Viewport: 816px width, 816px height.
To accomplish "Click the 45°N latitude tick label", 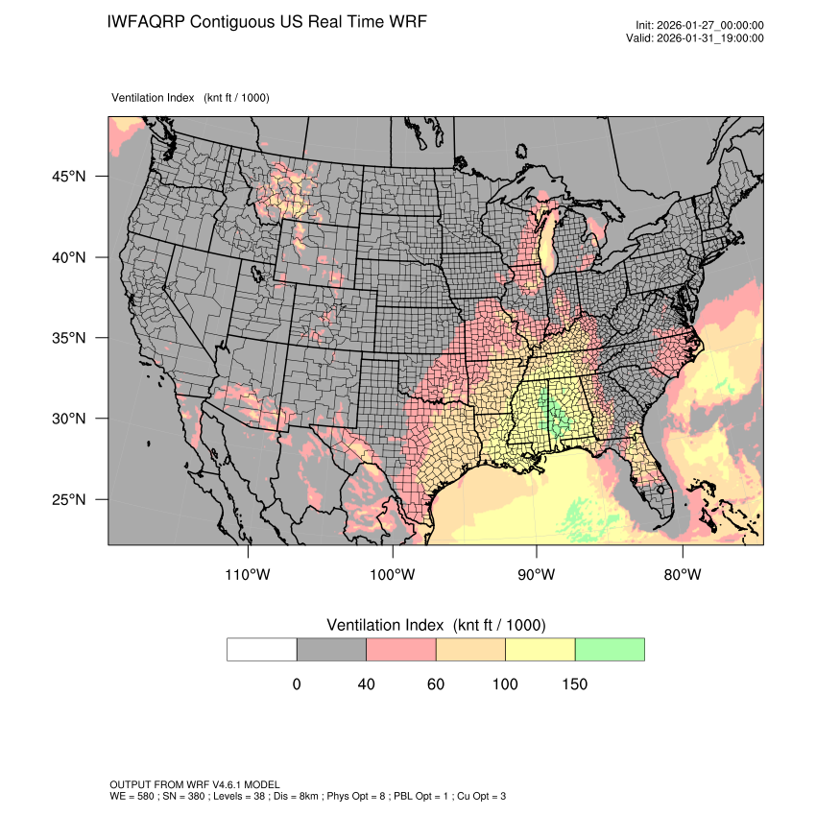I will [x=69, y=177].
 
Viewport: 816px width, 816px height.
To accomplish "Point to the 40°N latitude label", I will [x=69, y=257].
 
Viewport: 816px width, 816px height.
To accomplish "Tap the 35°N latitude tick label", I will [x=69, y=338].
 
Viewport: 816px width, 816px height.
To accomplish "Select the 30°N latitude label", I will [x=69, y=419].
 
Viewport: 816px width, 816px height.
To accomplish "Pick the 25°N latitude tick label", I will [x=69, y=499].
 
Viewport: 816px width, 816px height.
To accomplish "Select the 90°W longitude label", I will [x=537, y=575].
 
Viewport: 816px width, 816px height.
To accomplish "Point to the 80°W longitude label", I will [x=682, y=575].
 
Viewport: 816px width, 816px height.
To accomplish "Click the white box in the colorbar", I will [x=262, y=649].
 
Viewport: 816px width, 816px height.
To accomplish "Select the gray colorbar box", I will [x=331, y=649].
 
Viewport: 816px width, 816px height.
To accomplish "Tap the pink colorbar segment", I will [x=401, y=649].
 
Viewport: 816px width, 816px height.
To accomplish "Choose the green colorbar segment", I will [x=610, y=649].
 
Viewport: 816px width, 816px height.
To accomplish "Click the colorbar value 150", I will [x=574, y=684].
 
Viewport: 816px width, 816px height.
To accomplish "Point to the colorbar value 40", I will [x=366, y=684].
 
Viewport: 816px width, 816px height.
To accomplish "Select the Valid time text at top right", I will [x=708, y=38].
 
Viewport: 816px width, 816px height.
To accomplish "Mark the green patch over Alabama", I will [x=555, y=415].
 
